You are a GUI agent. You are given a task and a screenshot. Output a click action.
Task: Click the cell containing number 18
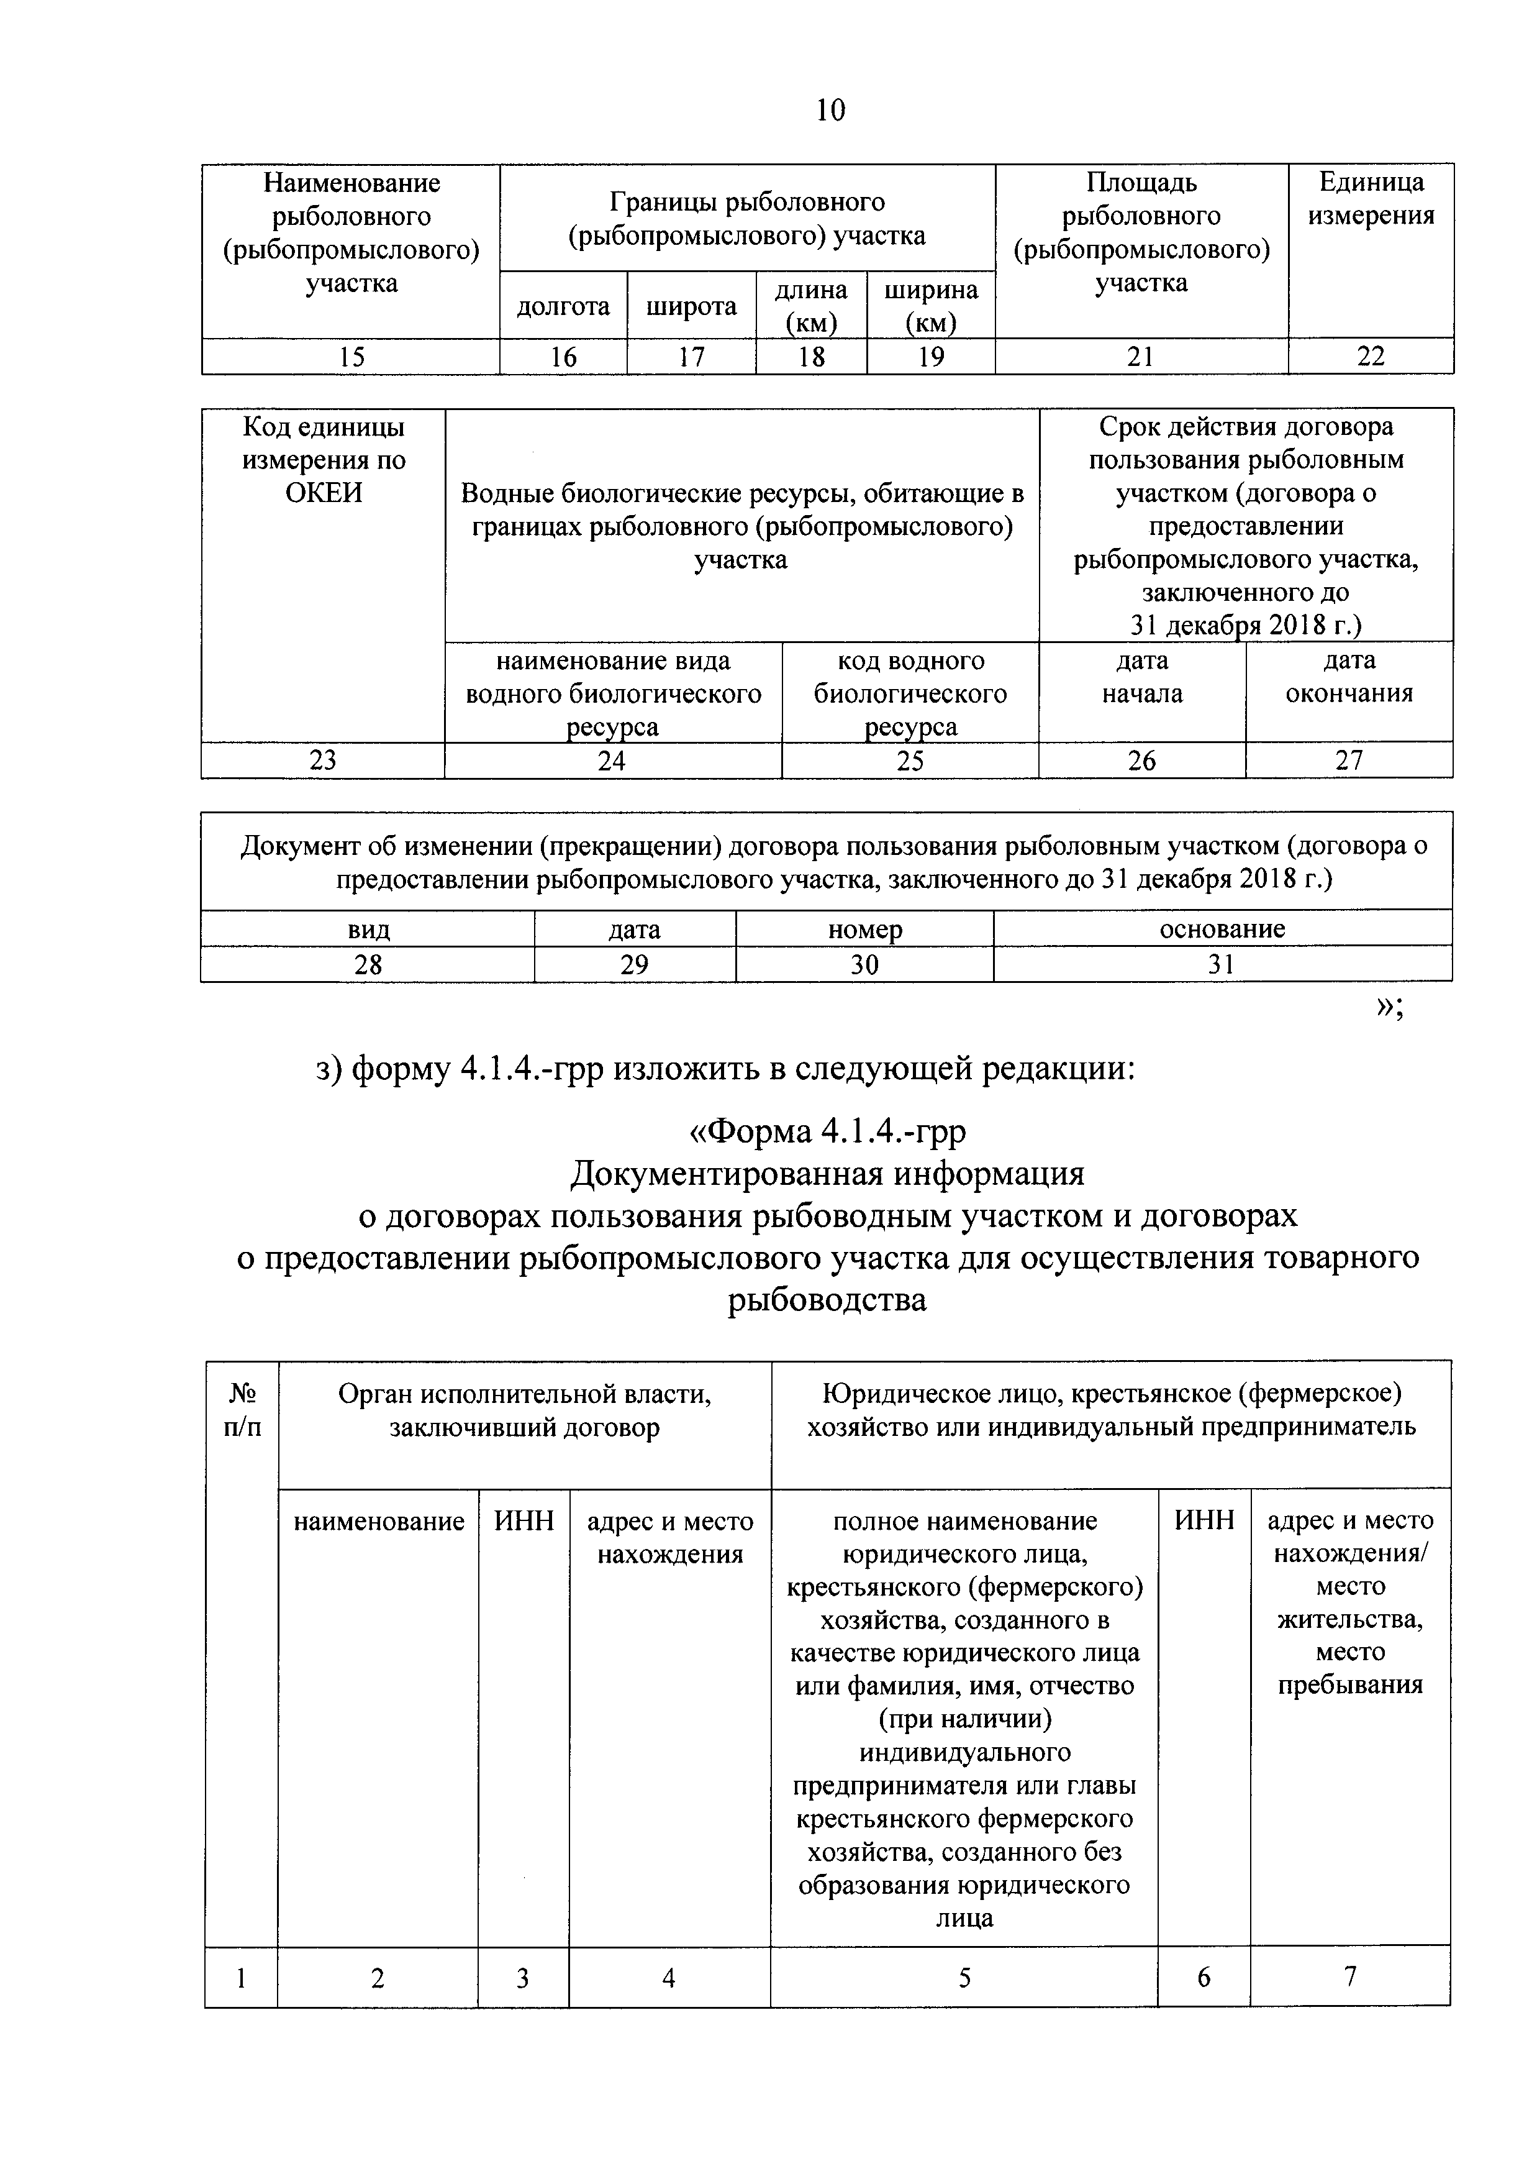pyautogui.click(x=811, y=357)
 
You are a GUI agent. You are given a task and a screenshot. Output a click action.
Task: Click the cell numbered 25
pyautogui.click(x=910, y=760)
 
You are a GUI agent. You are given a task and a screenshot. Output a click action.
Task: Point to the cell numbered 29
pyautogui.click(x=634, y=964)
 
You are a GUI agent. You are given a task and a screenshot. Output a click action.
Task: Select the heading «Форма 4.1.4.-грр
pyautogui.click(x=827, y=1131)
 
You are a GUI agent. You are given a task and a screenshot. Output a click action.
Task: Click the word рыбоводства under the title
pyautogui.click(x=827, y=1299)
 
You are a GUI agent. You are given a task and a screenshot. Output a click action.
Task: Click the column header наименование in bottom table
pyautogui.click(x=379, y=1521)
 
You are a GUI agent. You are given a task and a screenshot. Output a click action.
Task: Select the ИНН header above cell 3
pyautogui.click(x=523, y=1521)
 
